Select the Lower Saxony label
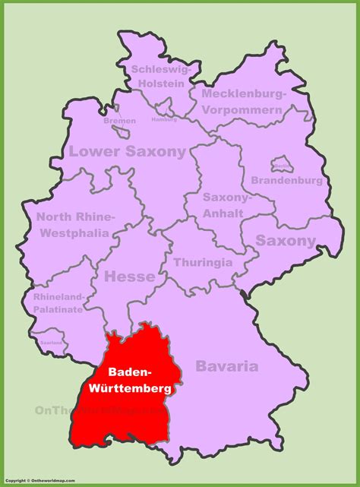point(127,152)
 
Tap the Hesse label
point(129,277)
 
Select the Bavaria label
point(227,366)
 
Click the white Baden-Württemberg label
point(128,380)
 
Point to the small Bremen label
point(120,121)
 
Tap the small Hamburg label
point(164,119)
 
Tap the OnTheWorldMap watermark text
point(91,411)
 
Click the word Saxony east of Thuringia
point(286,241)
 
